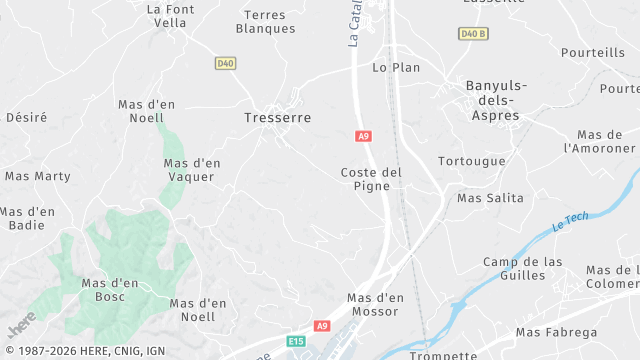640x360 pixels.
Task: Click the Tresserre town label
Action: pos(277,118)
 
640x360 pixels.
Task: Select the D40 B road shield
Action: pos(473,33)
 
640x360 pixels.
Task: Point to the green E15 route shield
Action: pos(295,342)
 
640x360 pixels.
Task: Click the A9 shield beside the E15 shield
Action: pos(322,326)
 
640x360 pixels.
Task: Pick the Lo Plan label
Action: pos(396,68)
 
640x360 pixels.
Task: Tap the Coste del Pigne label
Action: pos(371,179)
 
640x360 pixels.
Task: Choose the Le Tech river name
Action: pos(571,222)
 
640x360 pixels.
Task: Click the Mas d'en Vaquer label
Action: pos(192,170)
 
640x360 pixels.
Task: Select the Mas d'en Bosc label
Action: pos(110,290)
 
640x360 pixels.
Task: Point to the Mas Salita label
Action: pos(490,198)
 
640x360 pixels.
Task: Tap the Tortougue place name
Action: pos(472,161)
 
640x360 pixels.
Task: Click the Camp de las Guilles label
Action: pos(522,269)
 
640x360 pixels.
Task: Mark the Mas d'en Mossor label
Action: pos(375,305)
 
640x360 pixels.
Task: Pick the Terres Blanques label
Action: pos(265,21)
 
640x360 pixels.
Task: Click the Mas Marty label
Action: pos(38,176)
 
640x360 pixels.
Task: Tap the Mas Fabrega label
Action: pos(556,332)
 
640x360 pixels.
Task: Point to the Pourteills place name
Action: pos(593,52)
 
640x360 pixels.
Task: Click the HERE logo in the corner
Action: pos(21,325)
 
